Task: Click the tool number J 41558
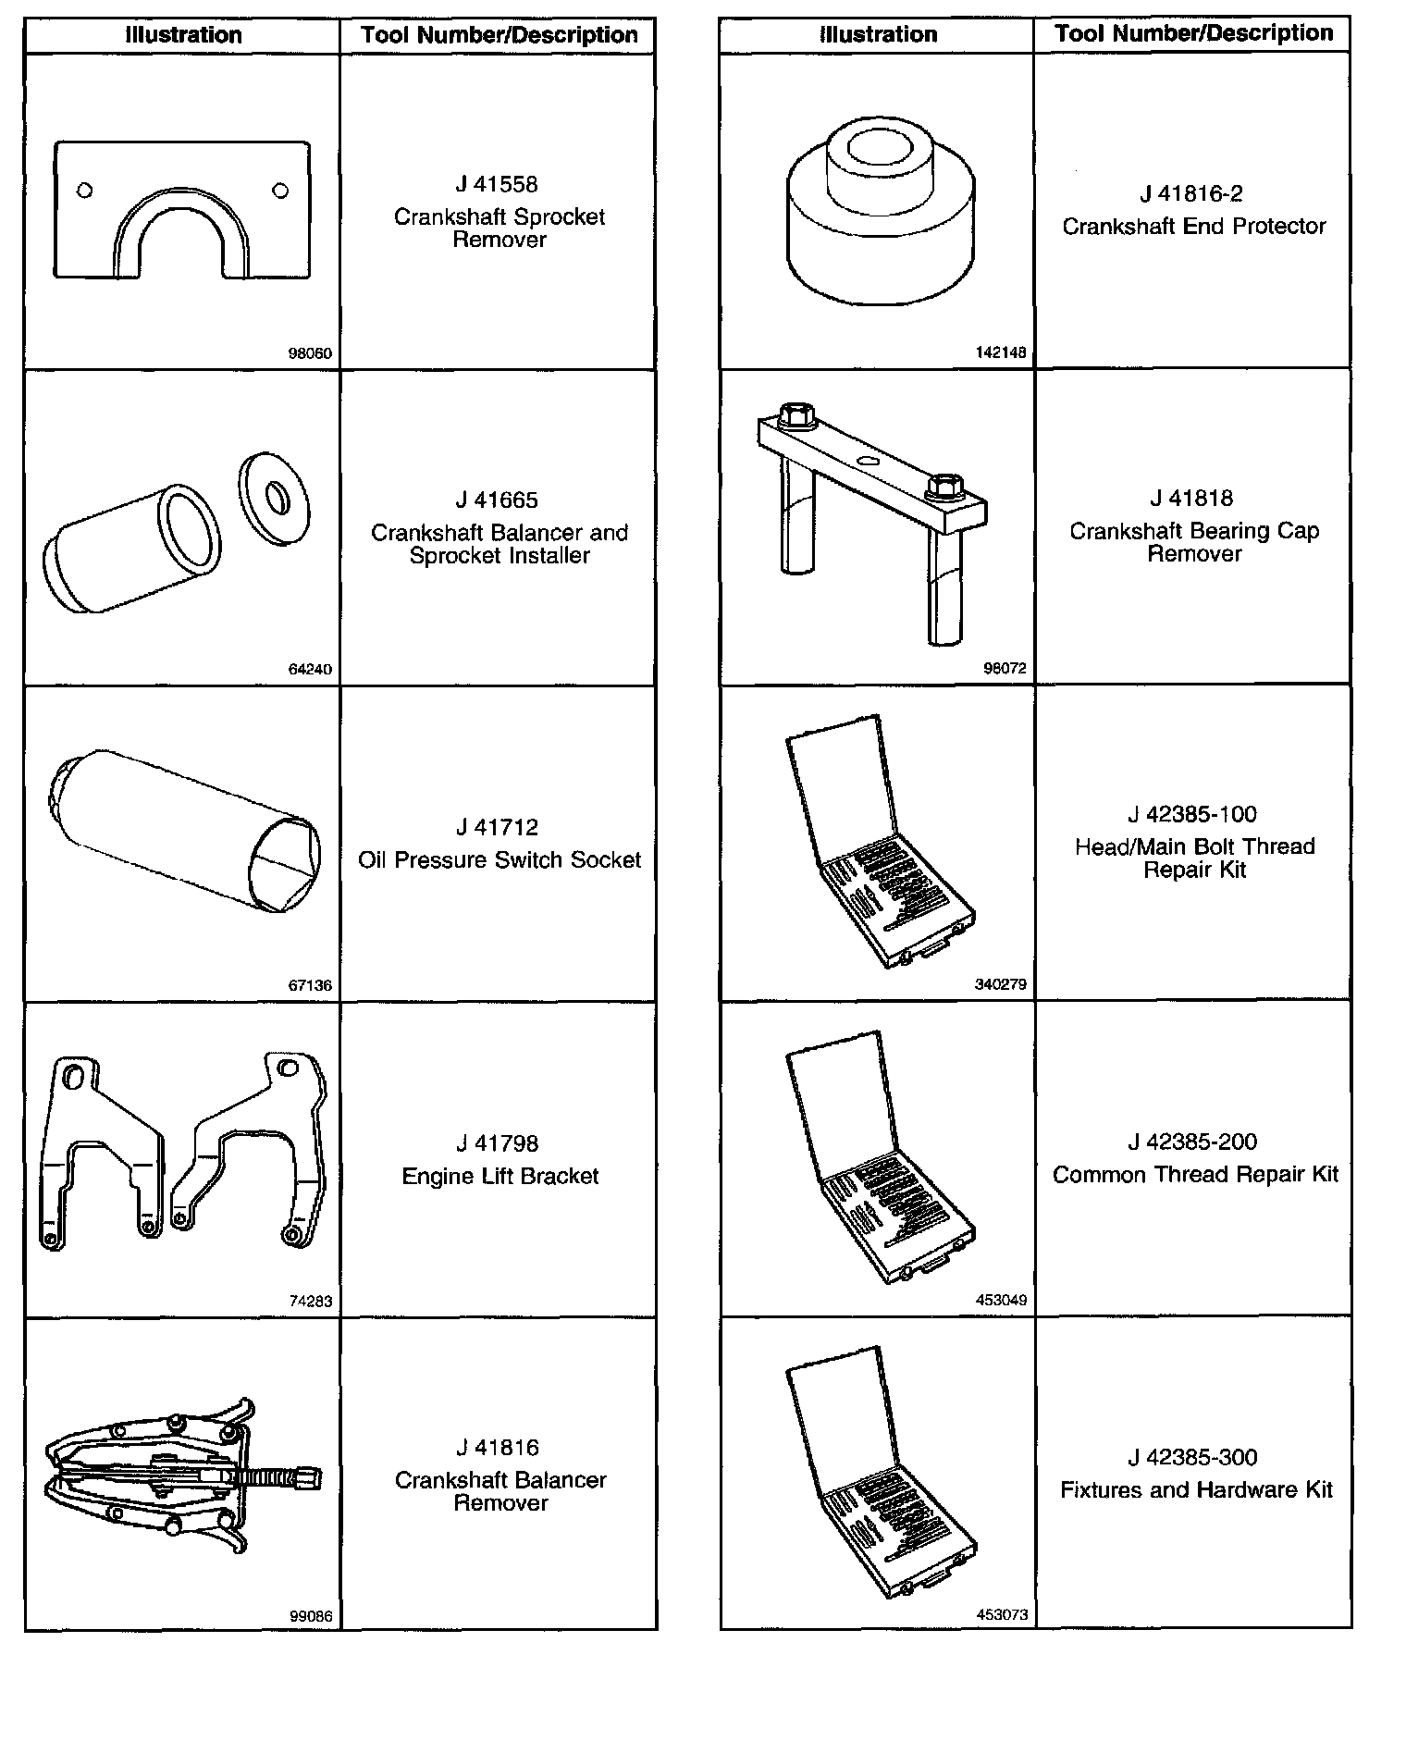(x=498, y=185)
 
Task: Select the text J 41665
(x=498, y=500)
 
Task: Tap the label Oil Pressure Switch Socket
(x=499, y=860)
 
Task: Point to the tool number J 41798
(x=498, y=1144)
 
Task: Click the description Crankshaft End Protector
(x=1193, y=227)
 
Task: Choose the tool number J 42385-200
(x=1192, y=1142)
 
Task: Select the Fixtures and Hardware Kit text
(x=1196, y=1489)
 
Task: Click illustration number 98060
(x=310, y=353)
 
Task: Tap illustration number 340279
(x=1001, y=984)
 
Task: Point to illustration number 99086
(x=311, y=1617)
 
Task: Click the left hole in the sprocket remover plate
(x=85, y=191)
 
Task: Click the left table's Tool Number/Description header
(x=499, y=36)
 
